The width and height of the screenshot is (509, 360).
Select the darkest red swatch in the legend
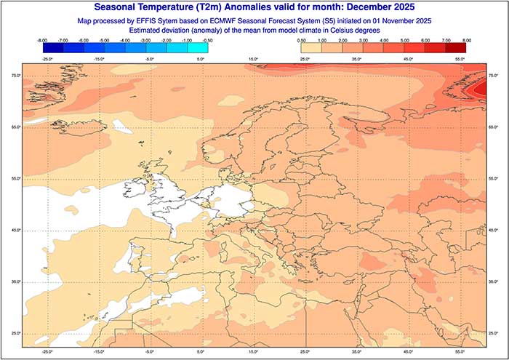pos(455,49)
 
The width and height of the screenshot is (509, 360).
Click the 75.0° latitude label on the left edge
pos(15,76)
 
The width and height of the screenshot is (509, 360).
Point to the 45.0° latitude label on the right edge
pos(494,230)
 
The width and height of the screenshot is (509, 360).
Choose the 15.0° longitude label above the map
pos(253,58)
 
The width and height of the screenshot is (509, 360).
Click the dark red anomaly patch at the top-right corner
pos(481,88)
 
